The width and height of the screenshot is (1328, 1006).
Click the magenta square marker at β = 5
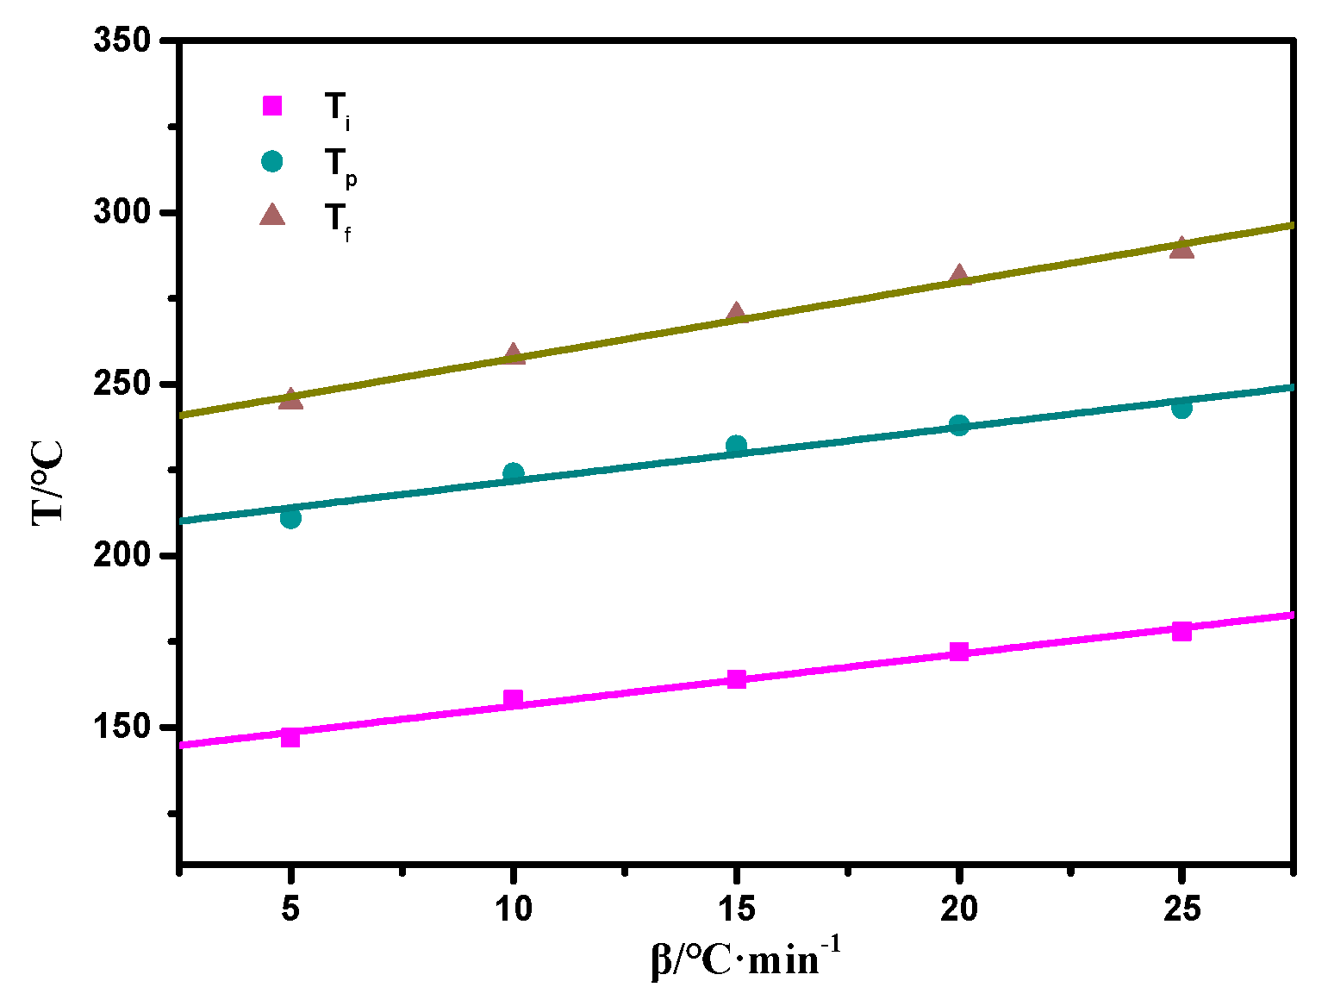pyautogui.click(x=290, y=737)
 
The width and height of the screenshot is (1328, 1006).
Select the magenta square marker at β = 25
pyautogui.click(x=1181, y=631)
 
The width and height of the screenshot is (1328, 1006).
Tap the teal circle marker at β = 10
pyautogui.click(x=513, y=472)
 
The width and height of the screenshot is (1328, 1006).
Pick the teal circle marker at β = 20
pyautogui.click(x=959, y=425)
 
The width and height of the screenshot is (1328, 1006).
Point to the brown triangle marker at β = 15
pyautogui.click(x=736, y=314)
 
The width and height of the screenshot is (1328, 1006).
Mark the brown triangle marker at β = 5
pyautogui.click(x=290, y=399)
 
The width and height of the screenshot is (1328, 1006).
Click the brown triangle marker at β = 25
pyautogui.click(x=1181, y=248)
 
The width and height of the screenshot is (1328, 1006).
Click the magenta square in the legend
pyautogui.click(x=272, y=105)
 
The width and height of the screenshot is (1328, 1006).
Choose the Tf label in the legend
pyautogui.click(x=338, y=220)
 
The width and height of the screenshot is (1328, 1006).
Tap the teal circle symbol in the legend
pyautogui.click(x=272, y=161)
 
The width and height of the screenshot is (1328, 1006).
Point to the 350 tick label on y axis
pyautogui.click(x=122, y=41)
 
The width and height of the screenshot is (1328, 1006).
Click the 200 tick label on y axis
pyautogui.click(x=122, y=555)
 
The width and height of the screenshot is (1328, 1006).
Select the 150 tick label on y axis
pyautogui.click(x=122, y=727)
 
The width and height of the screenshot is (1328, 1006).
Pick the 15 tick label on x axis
pyautogui.click(x=736, y=909)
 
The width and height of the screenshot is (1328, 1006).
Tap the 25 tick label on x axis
pyautogui.click(x=1181, y=909)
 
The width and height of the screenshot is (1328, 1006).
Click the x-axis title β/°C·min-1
pyautogui.click(x=745, y=959)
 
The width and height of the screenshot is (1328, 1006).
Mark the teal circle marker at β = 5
pyautogui.click(x=290, y=518)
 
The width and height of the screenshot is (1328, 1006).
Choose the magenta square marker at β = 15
pyautogui.click(x=736, y=679)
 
